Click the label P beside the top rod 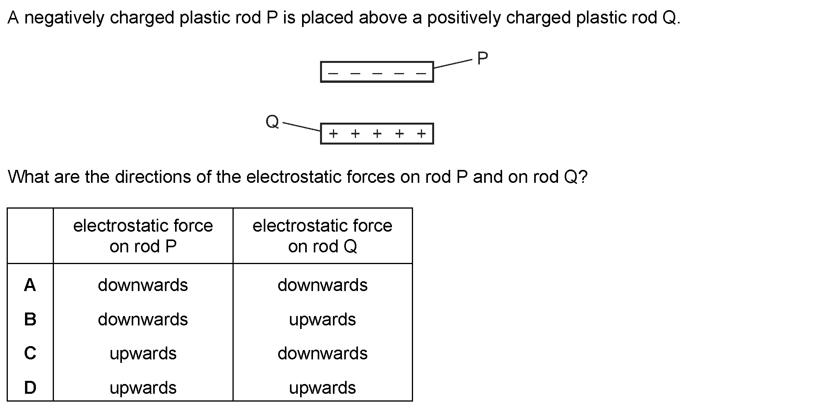point(483,59)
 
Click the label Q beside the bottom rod point(272,122)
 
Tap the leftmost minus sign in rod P point(333,73)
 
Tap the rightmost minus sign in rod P point(421,73)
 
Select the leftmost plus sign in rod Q point(333,134)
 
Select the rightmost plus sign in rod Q point(421,134)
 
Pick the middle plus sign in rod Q point(377,134)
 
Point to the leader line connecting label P point(453,64)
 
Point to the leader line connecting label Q point(302,127)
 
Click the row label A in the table point(30,285)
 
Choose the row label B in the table point(30,320)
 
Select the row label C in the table point(30,354)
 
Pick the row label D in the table point(30,388)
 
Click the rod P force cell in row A point(143,285)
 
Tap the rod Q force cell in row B point(322,320)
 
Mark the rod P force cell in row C point(143,354)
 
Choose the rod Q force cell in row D point(322,388)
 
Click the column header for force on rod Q point(322,236)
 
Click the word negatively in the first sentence point(64,18)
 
